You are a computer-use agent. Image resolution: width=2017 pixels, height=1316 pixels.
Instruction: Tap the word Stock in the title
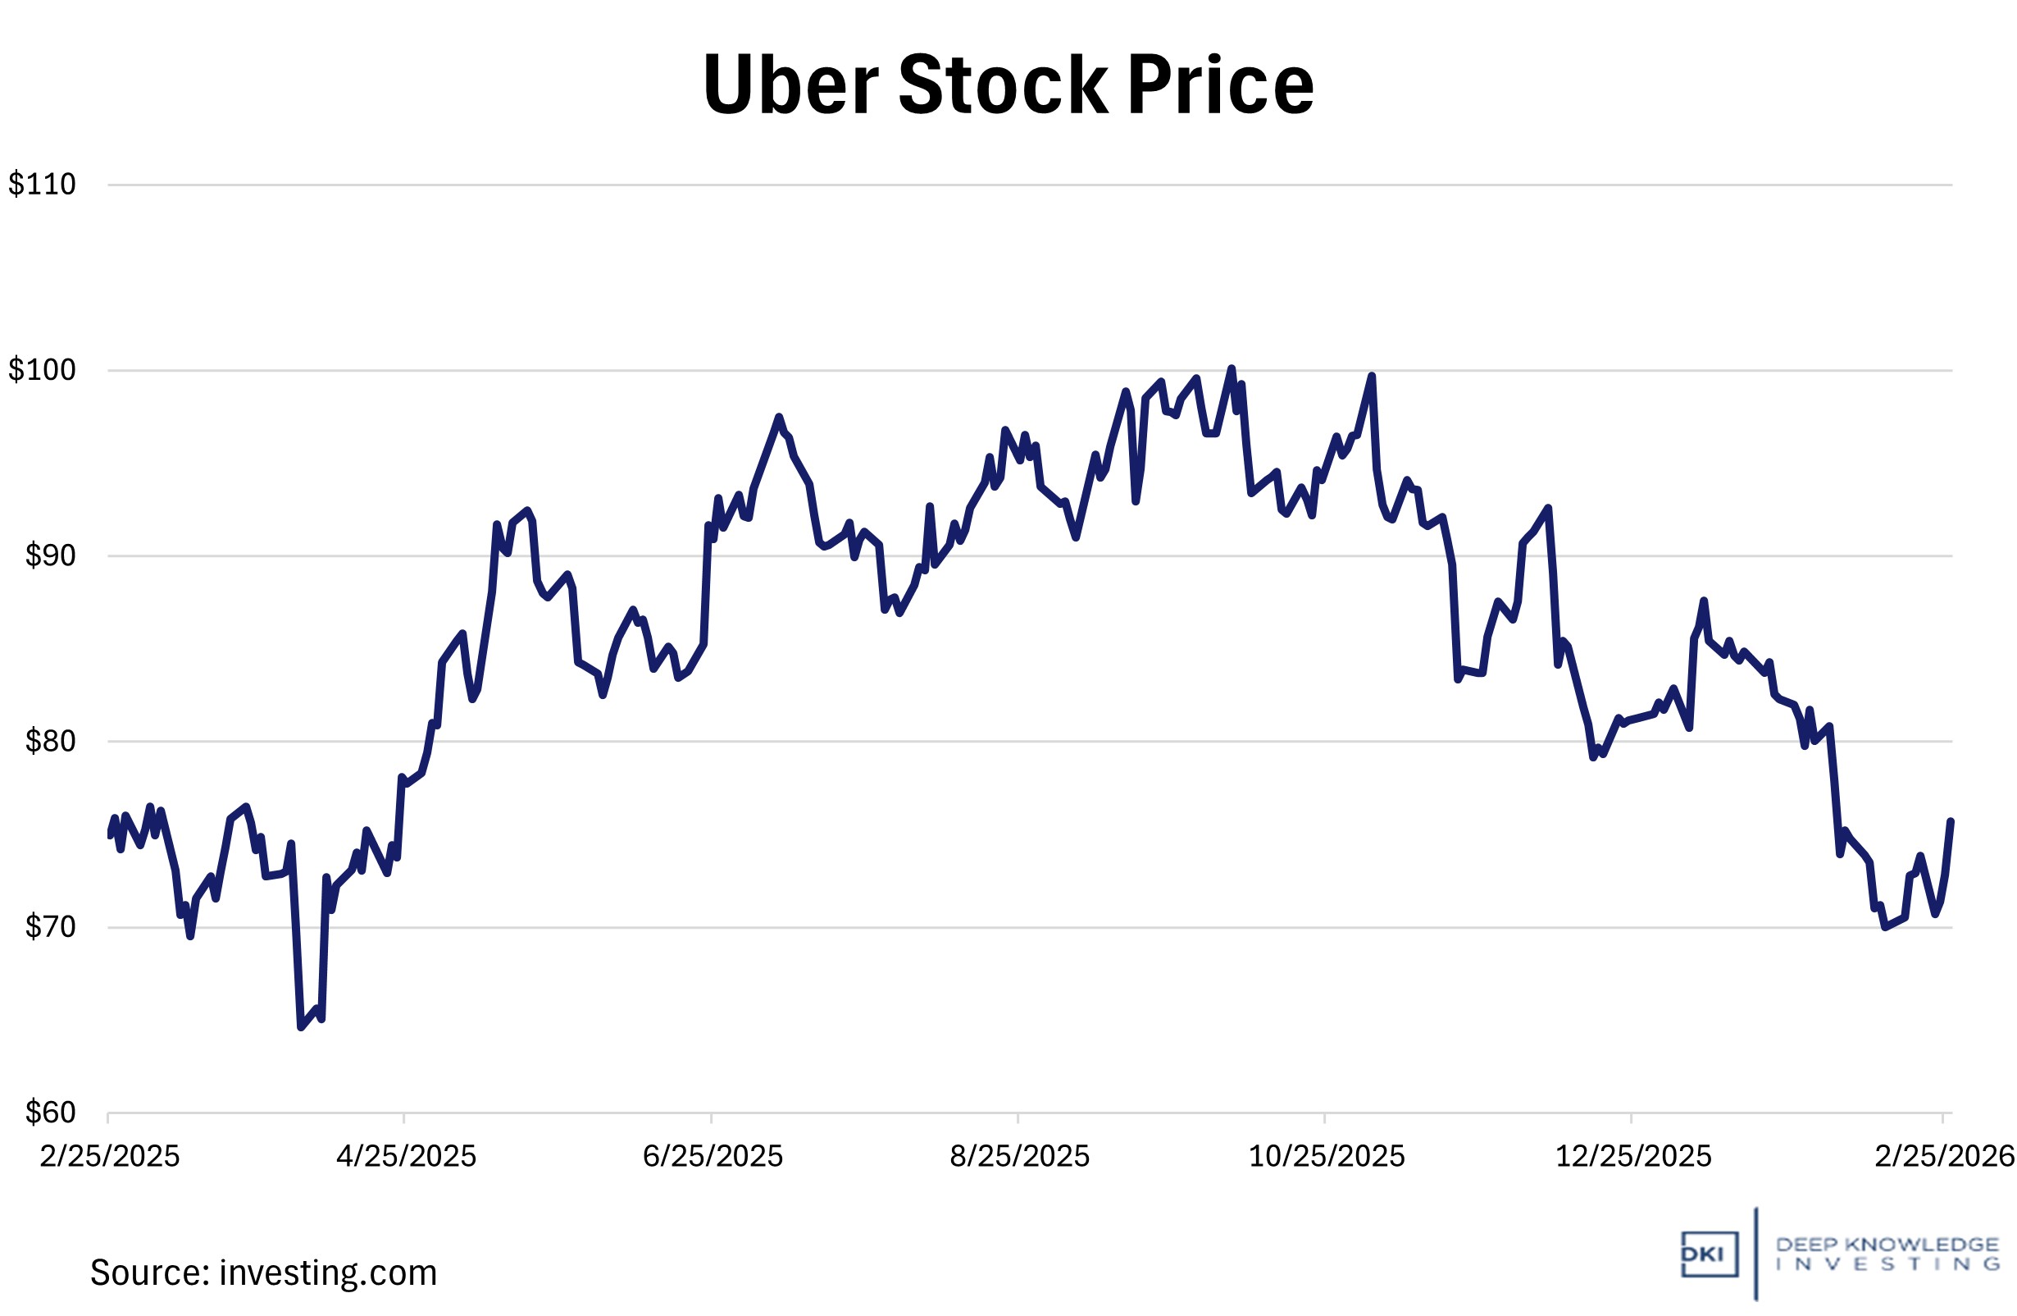click(1003, 85)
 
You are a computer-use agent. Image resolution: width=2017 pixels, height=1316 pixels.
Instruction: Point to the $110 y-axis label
click(43, 184)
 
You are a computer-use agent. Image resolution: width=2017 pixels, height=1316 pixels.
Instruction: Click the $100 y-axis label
click(43, 370)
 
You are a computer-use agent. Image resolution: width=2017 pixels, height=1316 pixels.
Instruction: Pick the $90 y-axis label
click(50, 555)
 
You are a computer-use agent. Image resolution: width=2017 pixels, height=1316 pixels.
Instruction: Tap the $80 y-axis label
click(50, 741)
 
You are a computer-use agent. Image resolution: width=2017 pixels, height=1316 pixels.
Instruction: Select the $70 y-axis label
click(50, 927)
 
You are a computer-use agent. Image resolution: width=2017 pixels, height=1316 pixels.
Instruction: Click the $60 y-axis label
click(50, 1112)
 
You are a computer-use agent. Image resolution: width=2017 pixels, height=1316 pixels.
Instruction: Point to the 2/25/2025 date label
click(109, 1156)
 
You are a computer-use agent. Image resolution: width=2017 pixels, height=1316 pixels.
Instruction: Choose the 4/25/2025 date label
click(406, 1156)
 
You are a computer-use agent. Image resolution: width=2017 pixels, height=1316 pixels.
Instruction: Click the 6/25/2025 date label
click(713, 1156)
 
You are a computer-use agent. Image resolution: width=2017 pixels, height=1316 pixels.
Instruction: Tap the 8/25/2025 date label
click(1019, 1156)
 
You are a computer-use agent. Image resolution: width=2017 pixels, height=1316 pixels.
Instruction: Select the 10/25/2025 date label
click(1327, 1156)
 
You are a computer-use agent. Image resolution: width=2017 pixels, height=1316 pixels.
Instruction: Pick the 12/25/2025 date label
click(1633, 1156)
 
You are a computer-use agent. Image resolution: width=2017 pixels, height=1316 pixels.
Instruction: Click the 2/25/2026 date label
click(1944, 1156)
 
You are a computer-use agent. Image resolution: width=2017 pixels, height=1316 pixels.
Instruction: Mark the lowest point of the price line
click(301, 1028)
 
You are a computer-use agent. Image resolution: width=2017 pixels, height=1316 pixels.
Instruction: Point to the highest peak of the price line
click(1232, 368)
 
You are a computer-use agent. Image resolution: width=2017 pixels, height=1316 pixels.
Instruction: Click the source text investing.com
click(327, 1273)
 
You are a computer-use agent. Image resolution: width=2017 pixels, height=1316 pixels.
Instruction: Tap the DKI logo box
click(1709, 1254)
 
